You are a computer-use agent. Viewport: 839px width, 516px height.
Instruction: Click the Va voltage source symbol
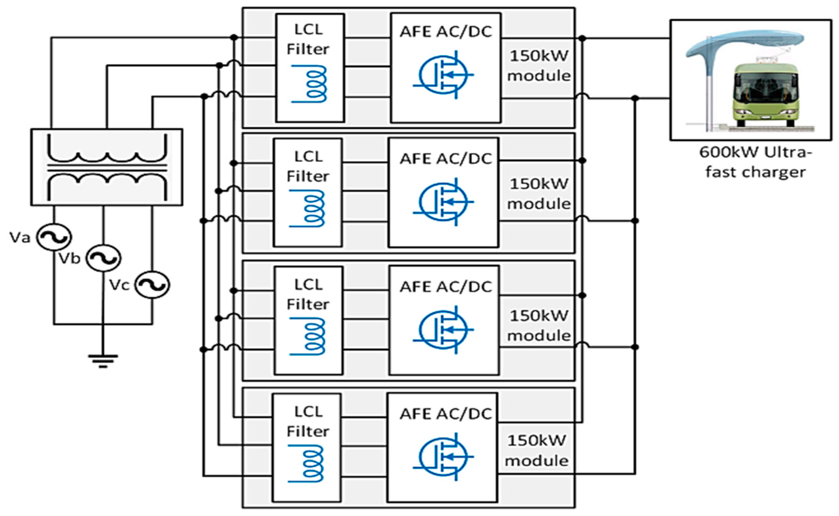coord(54,237)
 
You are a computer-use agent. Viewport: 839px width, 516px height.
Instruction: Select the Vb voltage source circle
coord(103,258)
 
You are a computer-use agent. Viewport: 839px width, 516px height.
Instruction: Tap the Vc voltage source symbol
coord(152,285)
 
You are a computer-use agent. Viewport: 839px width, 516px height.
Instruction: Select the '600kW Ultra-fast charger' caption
coord(755,162)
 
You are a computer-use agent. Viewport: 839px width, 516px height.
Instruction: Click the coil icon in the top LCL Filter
coord(309,84)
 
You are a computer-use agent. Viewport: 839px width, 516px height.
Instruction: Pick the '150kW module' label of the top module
coord(539,66)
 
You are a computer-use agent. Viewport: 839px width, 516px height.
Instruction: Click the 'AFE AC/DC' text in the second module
coord(445,159)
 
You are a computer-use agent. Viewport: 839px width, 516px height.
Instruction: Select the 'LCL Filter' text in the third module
coord(308,294)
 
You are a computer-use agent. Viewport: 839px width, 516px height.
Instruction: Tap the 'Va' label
coord(20,237)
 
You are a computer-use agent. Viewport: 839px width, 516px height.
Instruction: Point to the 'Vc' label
coord(119,285)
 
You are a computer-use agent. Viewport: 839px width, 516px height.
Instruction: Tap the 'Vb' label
coord(69,259)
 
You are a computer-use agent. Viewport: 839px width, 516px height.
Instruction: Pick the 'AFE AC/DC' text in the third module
coord(445,287)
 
